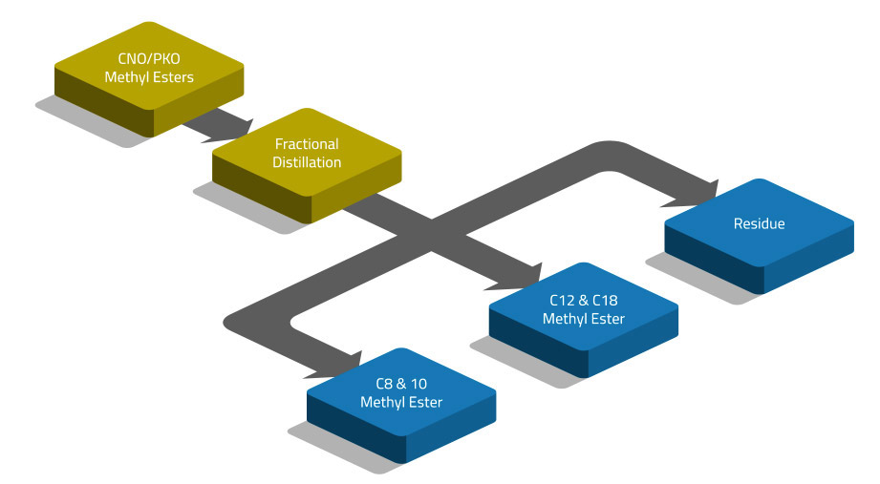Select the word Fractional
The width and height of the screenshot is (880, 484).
click(x=307, y=144)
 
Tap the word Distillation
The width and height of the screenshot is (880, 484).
click(x=307, y=162)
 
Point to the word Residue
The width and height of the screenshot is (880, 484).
click(x=759, y=224)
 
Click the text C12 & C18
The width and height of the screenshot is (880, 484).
click(x=584, y=300)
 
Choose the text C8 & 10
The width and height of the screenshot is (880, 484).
click(x=401, y=384)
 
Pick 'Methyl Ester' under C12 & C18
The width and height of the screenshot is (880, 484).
click(x=584, y=319)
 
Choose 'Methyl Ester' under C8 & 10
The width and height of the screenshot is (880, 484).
click(x=401, y=403)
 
